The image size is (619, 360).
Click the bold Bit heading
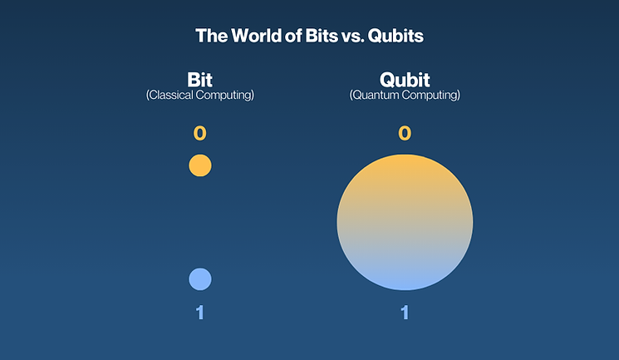(x=200, y=81)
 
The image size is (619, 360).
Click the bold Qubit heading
(x=405, y=81)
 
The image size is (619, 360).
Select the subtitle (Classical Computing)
(x=200, y=96)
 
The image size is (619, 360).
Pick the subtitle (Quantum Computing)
(x=405, y=96)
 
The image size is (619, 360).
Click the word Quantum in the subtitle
(x=376, y=96)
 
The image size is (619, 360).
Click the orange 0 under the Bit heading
(x=200, y=134)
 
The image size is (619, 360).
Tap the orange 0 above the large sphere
(x=405, y=134)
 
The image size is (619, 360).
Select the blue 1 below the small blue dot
(x=200, y=313)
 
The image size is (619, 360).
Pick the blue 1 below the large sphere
(x=405, y=313)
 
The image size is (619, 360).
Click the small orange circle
(x=200, y=165)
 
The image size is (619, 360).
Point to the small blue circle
(x=200, y=279)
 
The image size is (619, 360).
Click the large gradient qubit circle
(x=405, y=222)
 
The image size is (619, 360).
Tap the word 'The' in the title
(x=209, y=37)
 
